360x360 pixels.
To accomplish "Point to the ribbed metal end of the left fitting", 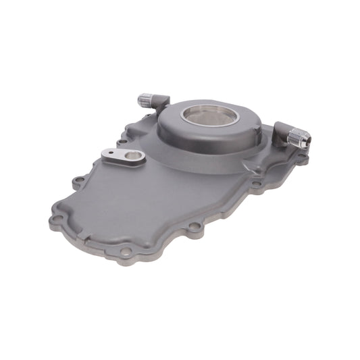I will [x=144, y=100].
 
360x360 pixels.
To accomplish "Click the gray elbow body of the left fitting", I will [x=159, y=102].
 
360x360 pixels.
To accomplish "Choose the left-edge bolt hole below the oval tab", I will [x=80, y=180].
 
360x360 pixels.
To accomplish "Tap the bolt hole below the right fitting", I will [x=256, y=182].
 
